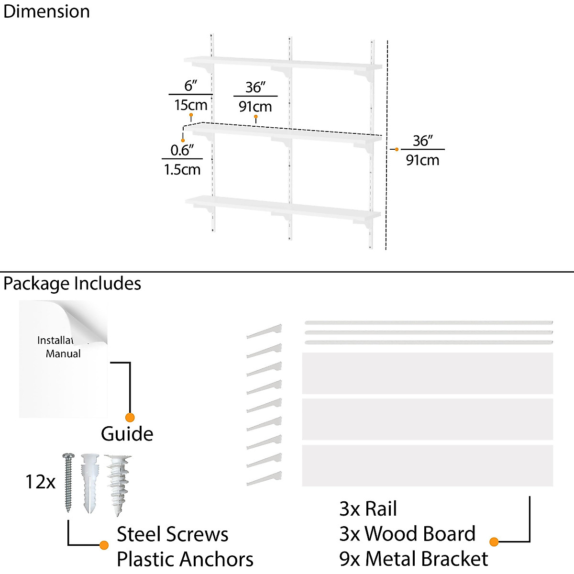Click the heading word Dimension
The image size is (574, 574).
[x=46, y=11]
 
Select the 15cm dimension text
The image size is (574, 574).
[x=190, y=105]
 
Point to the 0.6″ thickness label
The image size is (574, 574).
[x=182, y=150]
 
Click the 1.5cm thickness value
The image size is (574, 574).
[x=182, y=169]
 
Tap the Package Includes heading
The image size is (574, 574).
[x=72, y=283]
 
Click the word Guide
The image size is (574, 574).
[x=127, y=434]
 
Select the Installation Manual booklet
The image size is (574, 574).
[x=63, y=359]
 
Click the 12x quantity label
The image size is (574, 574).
[x=40, y=482]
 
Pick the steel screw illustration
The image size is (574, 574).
[x=68, y=482]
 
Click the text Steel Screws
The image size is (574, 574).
[x=173, y=534]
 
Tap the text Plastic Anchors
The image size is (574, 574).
[x=185, y=559]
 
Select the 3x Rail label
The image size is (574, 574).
[x=368, y=509]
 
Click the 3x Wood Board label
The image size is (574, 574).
[x=407, y=534]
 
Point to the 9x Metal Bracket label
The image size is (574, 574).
[x=413, y=559]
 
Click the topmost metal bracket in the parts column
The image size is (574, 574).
[x=265, y=331]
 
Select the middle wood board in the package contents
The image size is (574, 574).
[x=427, y=419]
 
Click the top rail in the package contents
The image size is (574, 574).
[x=428, y=322]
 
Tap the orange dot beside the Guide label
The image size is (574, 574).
[x=130, y=417]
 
